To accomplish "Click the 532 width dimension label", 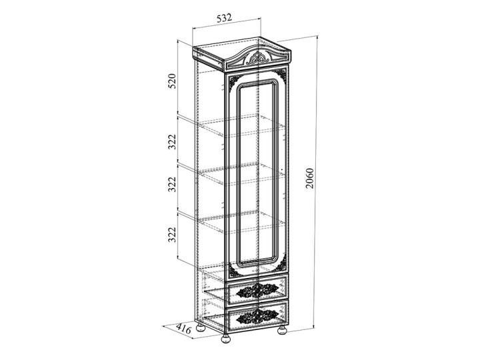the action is coord(224,18).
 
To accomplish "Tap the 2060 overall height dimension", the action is coord(310,178).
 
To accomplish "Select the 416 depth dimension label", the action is coord(184,329).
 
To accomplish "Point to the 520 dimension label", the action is coord(173,81).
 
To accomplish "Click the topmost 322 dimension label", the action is coord(173,142).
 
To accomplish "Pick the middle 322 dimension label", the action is coord(173,184).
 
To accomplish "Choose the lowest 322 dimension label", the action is coord(173,235).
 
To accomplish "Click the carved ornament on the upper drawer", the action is coord(257,290).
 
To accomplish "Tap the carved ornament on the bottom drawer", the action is coord(257,317).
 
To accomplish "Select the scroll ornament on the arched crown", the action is coord(258,58).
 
